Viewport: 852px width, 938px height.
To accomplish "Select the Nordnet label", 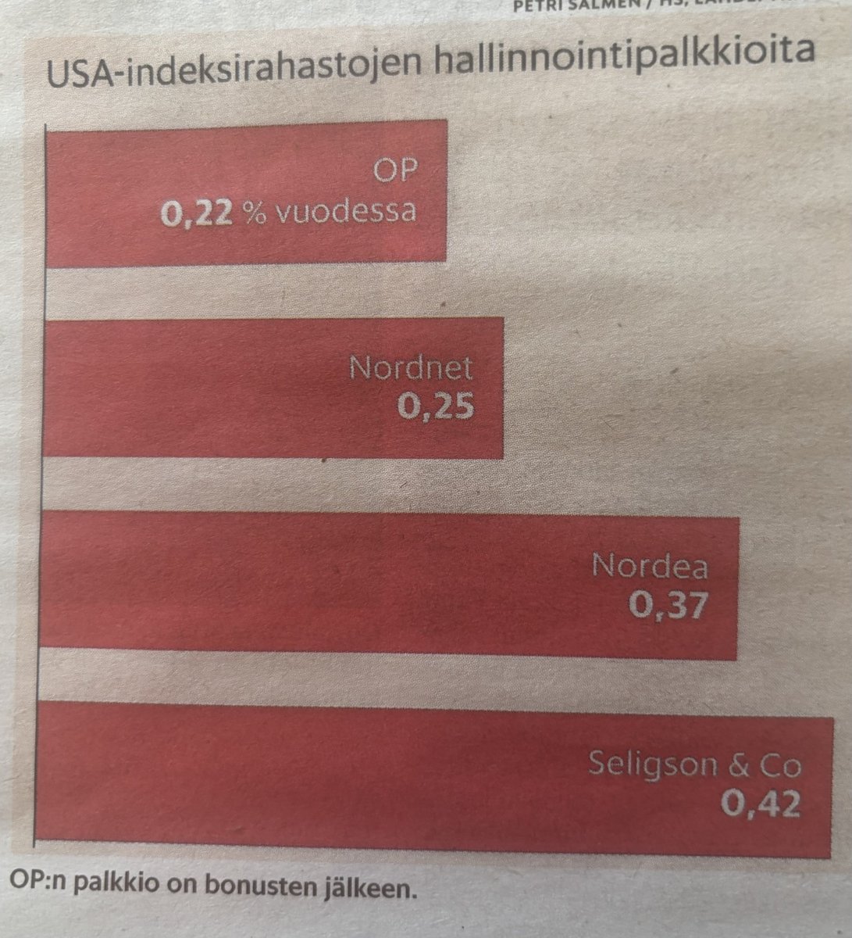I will (x=411, y=367).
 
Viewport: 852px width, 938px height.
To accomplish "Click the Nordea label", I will (x=649, y=564).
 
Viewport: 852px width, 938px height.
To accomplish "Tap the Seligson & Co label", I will (x=694, y=764).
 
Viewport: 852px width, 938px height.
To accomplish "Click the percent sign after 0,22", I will (x=251, y=213).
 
